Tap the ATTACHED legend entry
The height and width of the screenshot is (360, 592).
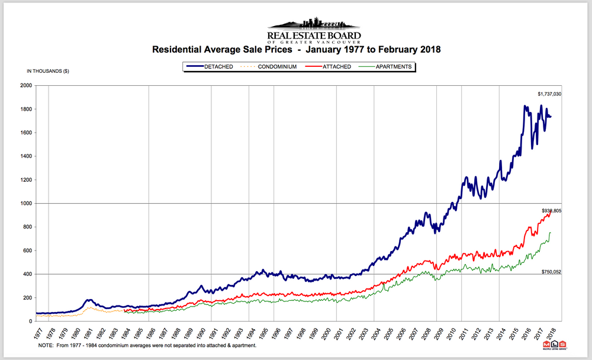point(335,67)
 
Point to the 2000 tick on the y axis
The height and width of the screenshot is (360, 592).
point(25,85)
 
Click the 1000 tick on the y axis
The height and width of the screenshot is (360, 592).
point(25,203)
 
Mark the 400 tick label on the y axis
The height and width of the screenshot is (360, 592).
point(27,274)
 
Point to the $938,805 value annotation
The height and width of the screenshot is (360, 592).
point(551,210)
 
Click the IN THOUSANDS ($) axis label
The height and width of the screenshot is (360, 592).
point(48,71)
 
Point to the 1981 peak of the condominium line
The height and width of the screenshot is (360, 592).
point(89,307)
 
